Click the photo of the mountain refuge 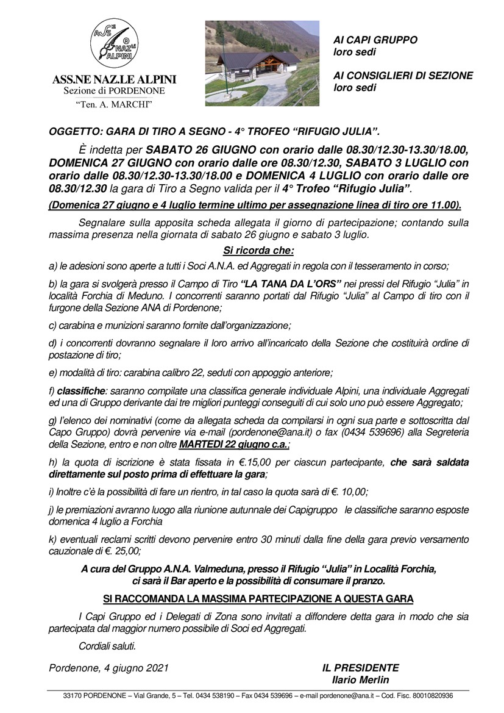pos(262,63)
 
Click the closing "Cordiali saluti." pos(108,646)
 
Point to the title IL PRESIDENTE pos(360,668)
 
